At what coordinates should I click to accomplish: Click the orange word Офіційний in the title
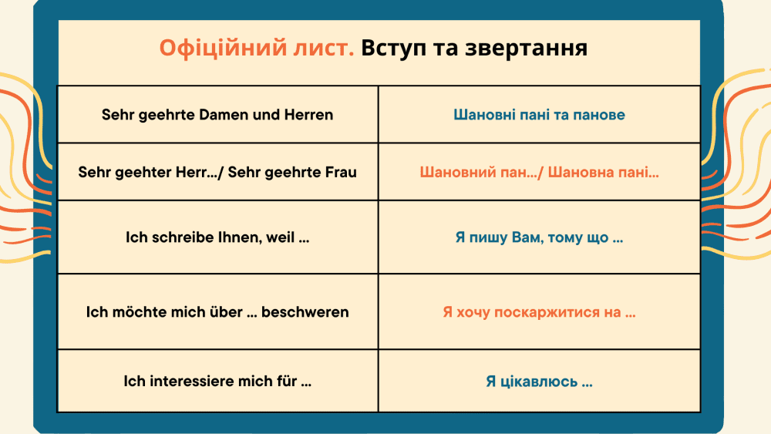coord(224,49)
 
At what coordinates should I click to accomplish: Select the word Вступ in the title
coord(393,49)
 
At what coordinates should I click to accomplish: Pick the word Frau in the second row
coord(341,173)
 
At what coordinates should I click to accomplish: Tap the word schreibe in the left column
coord(181,237)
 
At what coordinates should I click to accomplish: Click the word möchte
coord(136,312)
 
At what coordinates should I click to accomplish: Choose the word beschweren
coord(305,312)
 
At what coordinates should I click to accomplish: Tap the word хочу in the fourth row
coord(473,313)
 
